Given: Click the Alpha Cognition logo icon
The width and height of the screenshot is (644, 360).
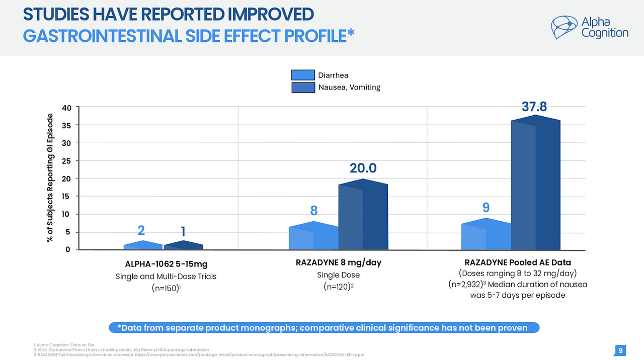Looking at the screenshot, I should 565,27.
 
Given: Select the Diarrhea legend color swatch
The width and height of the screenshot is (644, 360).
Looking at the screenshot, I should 303,75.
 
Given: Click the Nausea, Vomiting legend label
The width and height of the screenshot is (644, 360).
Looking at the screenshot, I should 349,87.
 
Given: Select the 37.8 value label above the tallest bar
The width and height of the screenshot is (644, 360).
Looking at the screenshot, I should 534,107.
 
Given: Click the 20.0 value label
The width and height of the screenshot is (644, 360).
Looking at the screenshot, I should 363,168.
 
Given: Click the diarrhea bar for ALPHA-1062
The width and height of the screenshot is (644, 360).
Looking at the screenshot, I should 143,245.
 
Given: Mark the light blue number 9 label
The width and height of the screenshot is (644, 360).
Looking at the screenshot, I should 486,207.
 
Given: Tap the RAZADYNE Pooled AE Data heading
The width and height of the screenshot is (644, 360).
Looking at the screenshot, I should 518,262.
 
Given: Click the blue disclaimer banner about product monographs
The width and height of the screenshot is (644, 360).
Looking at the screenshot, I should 324,328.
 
